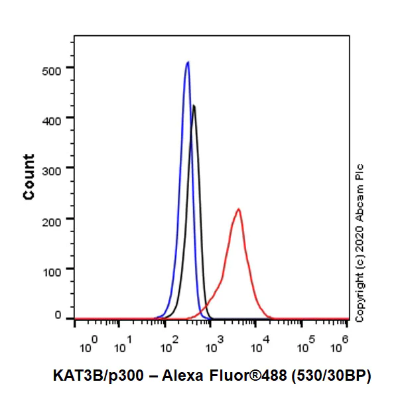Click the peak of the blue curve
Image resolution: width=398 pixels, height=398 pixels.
[x=188, y=62]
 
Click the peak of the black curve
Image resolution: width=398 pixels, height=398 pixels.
[x=194, y=105]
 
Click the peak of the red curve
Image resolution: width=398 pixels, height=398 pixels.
[x=237, y=210]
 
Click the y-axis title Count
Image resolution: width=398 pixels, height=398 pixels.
[x=29, y=176]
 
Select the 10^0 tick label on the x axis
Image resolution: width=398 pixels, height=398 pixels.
[x=89, y=344]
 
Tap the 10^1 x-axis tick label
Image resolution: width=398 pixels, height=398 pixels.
[x=124, y=344]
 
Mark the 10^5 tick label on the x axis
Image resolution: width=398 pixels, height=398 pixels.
[x=306, y=344]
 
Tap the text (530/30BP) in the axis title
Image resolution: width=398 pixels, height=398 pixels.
[x=331, y=375]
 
